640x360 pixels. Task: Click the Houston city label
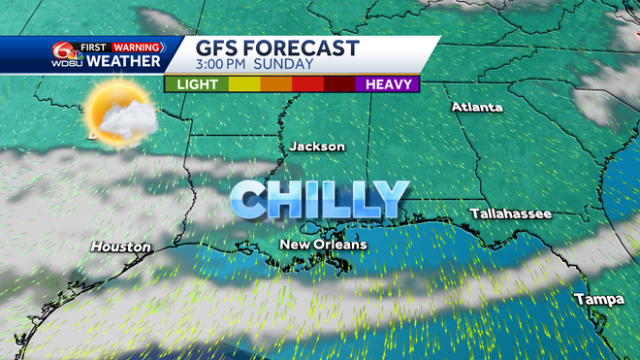tap(121, 246)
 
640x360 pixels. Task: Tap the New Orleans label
tap(324, 245)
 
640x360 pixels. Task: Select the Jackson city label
tap(317, 146)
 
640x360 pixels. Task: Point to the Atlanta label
tap(477, 107)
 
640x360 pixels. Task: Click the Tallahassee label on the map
tap(511, 213)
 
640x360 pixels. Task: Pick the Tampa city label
tap(598, 299)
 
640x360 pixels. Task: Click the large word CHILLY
tap(319, 199)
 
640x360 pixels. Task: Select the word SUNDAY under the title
tap(287, 65)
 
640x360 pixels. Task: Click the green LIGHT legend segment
tap(196, 84)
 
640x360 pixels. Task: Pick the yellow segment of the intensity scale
tap(243, 84)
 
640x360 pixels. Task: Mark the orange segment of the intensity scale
tap(276, 84)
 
